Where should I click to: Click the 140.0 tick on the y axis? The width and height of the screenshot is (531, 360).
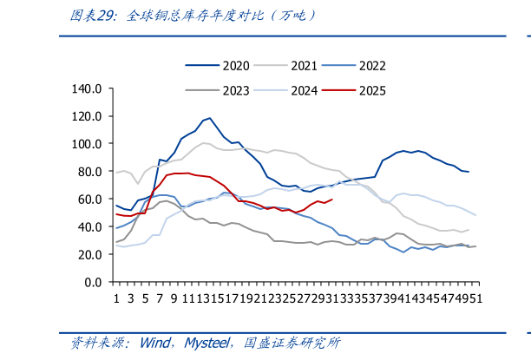(88, 88)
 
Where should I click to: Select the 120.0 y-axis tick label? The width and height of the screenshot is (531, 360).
(88, 116)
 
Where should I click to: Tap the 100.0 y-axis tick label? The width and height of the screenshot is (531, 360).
(88, 144)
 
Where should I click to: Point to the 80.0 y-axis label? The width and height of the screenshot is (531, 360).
(91, 172)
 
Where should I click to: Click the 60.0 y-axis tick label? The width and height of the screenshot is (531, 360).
(91, 200)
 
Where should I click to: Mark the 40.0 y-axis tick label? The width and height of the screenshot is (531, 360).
(91, 227)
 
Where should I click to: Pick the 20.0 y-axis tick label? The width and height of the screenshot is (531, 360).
(91, 255)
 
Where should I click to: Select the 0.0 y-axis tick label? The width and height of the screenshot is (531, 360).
(95, 283)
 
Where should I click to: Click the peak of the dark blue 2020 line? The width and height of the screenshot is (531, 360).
(210, 118)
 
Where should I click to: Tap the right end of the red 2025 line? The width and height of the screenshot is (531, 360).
(332, 199)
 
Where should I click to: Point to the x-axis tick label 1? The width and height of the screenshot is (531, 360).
(116, 298)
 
